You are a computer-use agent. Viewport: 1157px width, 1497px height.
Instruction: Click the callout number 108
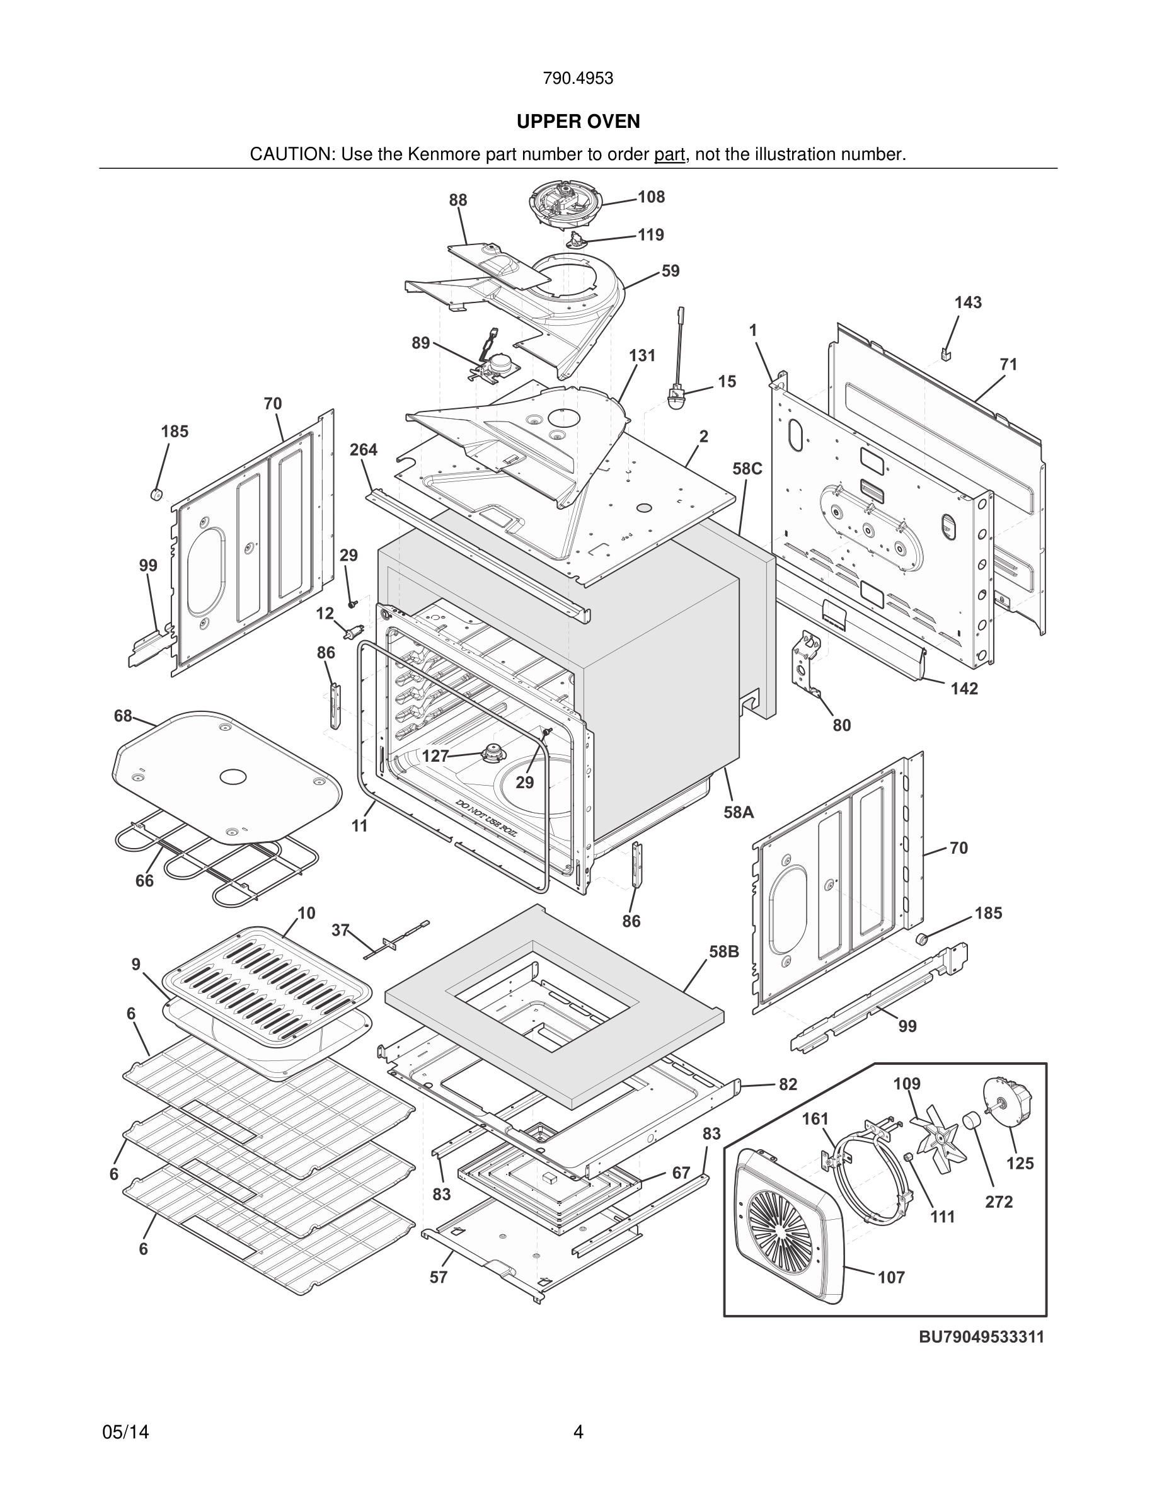click(x=651, y=197)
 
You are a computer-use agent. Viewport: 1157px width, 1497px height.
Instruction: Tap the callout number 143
click(x=968, y=302)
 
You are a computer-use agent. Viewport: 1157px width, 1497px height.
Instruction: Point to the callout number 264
click(x=363, y=450)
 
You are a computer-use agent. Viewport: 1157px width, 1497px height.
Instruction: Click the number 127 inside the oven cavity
click(x=435, y=756)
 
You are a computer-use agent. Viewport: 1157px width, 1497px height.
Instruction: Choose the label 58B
click(x=724, y=951)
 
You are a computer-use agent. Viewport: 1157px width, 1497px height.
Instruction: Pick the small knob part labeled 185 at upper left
click(x=156, y=494)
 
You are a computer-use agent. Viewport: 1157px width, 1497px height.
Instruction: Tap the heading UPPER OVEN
click(x=578, y=122)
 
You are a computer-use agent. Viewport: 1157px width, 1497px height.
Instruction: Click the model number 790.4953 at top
click(x=578, y=79)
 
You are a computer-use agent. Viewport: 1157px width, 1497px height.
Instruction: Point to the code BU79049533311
click(x=982, y=1336)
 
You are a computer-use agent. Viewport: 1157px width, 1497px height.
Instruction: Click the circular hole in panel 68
click(x=233, y=777)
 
